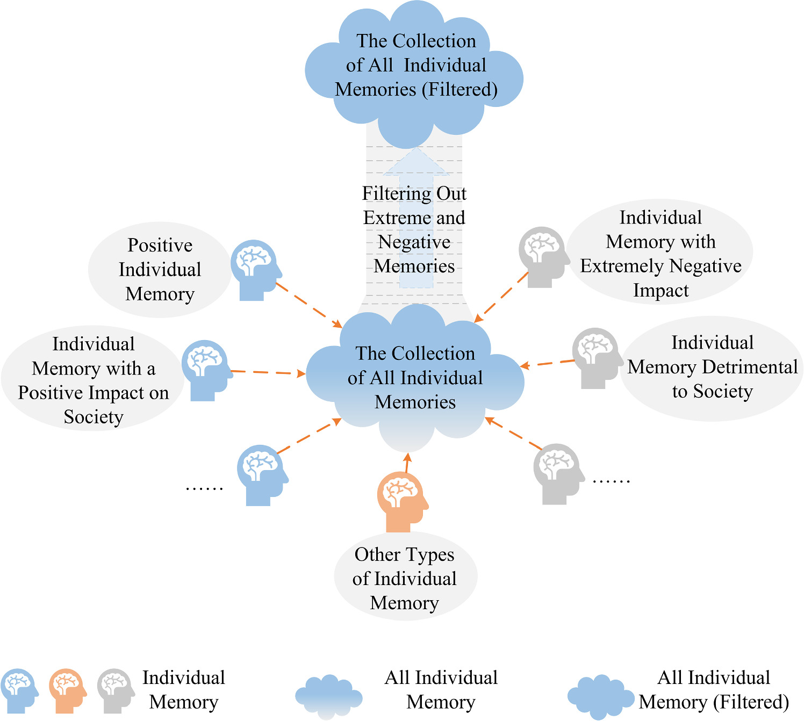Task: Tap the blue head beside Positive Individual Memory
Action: (255, 269)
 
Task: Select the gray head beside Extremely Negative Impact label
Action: (542, 256)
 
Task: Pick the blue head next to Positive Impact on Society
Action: (205, 370)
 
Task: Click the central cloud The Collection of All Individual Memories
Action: (415, 377)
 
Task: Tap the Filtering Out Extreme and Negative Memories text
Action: (414, 230)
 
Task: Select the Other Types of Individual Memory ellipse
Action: (405, 578)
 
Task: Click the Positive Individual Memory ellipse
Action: (160, 269)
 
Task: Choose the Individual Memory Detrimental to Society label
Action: (712, 367)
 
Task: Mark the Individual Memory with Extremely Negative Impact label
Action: (661, 254)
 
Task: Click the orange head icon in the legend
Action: (67, 690)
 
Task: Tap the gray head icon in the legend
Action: (115, 690)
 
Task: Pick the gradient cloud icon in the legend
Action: (328, 696)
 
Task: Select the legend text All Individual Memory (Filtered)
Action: (714, 690)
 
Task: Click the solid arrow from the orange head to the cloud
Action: (407, 463)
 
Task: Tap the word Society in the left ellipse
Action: (94, 417)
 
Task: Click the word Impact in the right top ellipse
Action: (661, 290)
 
